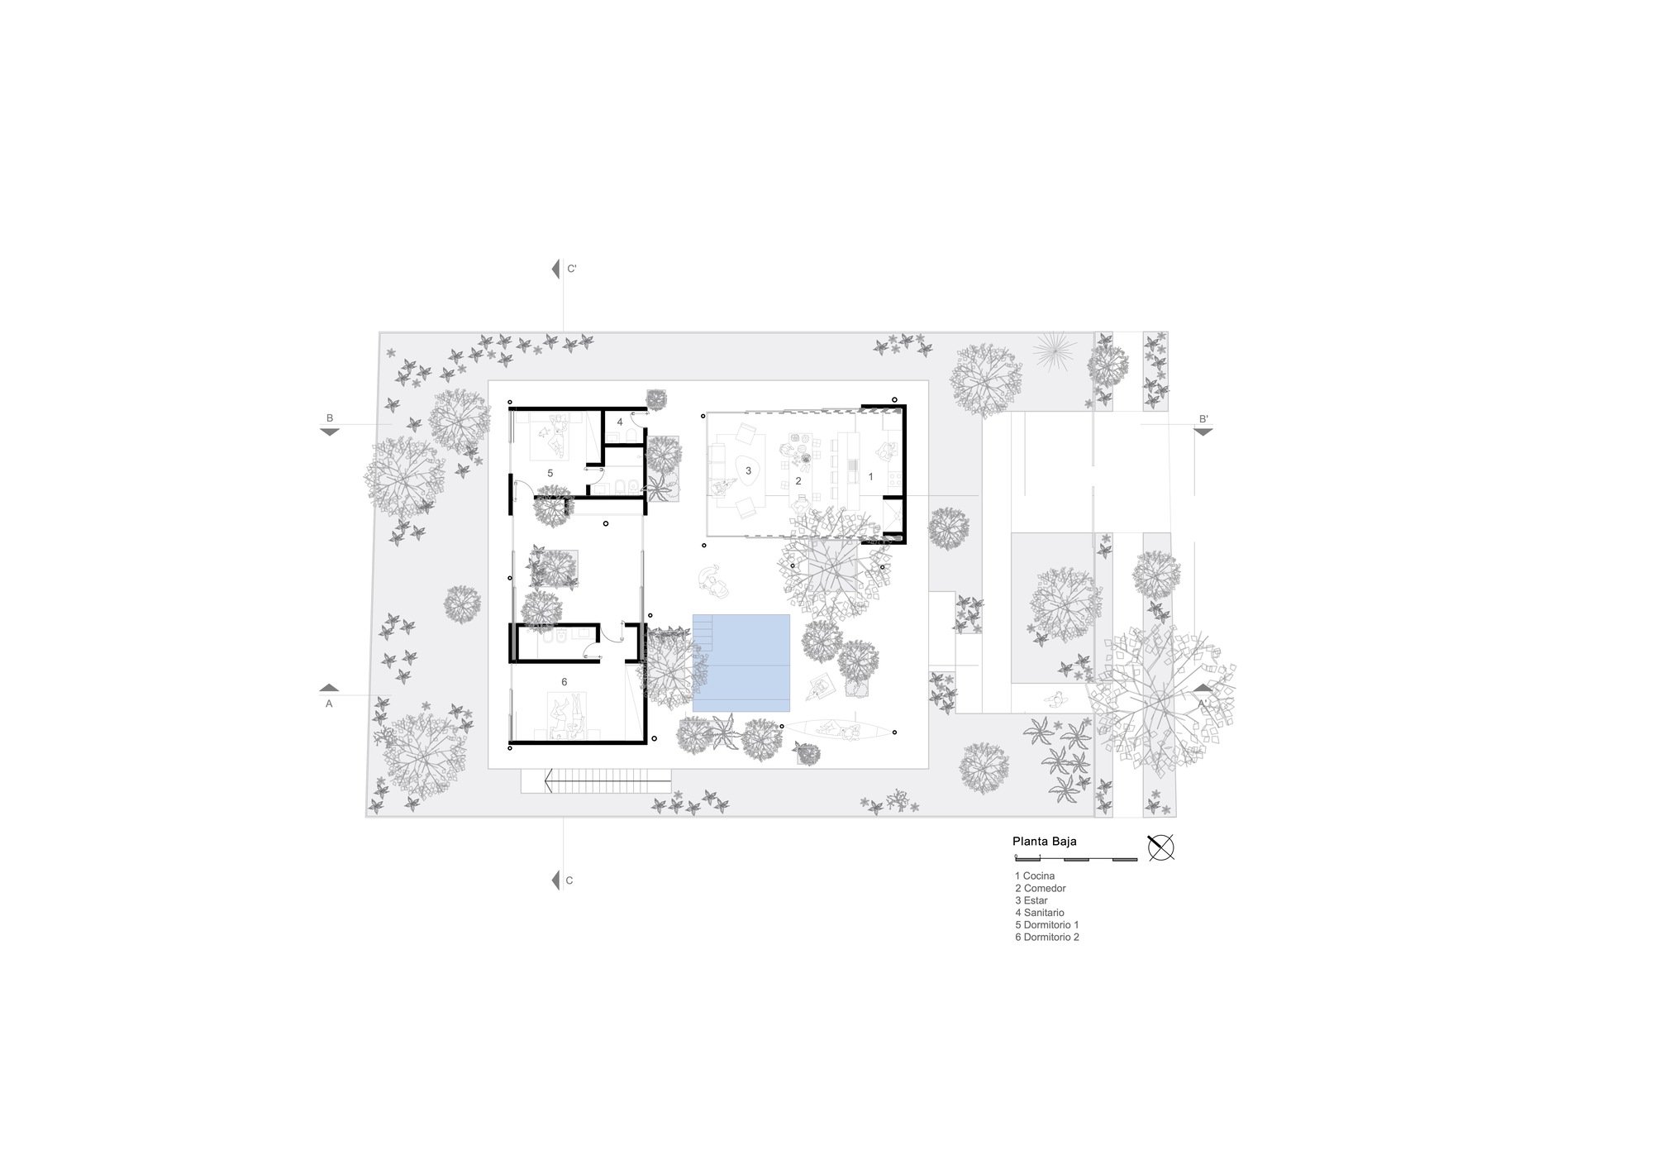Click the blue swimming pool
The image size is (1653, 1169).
pos(741,662)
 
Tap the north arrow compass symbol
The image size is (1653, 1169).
pos(1160,847)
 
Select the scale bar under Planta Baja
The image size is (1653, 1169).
pos(1075,860)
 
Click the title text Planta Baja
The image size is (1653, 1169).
pos(1044,842)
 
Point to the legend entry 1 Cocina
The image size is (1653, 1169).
pos(1034,876)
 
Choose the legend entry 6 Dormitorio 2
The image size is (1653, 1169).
pos(1046,938)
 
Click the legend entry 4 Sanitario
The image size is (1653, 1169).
pos(1039,913)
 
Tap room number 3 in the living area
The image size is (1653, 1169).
pos(748,471)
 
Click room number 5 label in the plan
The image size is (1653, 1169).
pos(550,473)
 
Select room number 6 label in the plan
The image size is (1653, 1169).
pos(564,682)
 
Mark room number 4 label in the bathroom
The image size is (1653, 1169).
pos(620,422)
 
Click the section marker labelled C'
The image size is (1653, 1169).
pos(563,269)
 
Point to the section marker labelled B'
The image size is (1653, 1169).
pos(1203,425)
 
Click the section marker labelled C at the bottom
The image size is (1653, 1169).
pos(562,880)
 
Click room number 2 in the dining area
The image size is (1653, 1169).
pos(798,481)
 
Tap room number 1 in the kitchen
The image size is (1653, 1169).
pos(870,477)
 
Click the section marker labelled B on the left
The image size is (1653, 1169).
pos(330,425)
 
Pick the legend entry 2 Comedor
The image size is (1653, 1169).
pos(1040,888)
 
